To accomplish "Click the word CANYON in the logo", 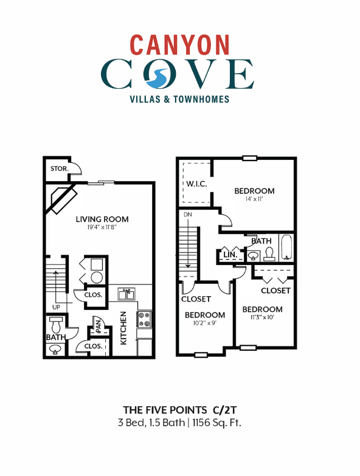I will coord(180,44).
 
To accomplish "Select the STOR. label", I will coord(58,168).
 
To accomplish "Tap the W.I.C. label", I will coord(196,184).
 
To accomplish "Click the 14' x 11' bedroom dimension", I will coord(254,200).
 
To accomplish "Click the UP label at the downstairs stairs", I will coord(56,307).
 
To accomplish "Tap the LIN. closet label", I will coord(229,254).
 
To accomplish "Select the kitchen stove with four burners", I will coord(144,319).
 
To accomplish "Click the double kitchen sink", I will coord(127,294).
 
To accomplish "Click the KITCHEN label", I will coord(123,328).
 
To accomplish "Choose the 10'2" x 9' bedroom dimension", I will coord(205,324).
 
